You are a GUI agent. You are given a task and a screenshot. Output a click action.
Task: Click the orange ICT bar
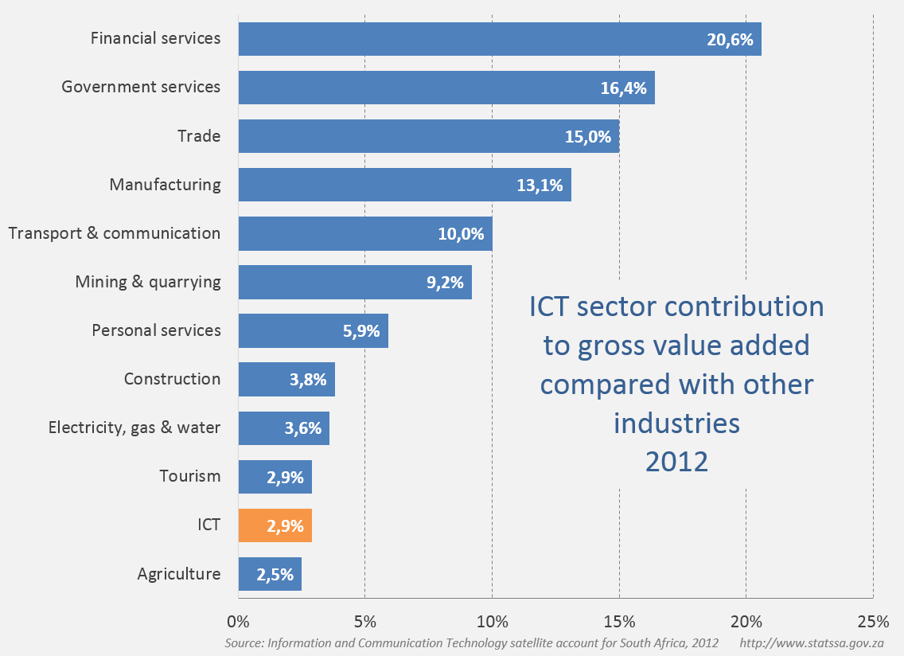(x=275, y=525)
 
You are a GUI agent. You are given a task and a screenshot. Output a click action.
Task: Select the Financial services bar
(x=499, y=39)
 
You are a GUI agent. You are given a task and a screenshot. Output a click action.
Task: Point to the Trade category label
(x=199, y=136)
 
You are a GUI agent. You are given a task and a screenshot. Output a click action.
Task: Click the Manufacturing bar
(x=404, y=185)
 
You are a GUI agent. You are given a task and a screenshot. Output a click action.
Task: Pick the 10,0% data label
(x=461, y=234)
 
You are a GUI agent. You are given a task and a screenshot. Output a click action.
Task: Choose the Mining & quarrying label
(x=148, y=282)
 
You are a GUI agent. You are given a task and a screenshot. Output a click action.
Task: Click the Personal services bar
(x=313, y=330)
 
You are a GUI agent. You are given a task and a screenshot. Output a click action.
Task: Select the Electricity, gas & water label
(x=134, y=428)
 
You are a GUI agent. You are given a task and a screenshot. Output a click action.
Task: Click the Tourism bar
(x=275, y=477)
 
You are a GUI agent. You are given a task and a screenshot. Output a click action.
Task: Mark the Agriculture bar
(x=270, y=574)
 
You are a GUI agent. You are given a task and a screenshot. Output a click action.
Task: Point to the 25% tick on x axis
(x=873, y=621)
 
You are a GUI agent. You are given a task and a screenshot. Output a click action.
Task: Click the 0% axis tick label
(x=238, y=621)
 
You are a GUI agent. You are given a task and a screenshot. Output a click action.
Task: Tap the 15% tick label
(x=619, y=621)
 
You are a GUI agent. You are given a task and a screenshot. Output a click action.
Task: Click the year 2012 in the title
(x=676, y=461)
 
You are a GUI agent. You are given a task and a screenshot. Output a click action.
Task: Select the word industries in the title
(x=676, y=423)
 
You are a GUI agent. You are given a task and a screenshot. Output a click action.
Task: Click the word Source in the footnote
(x=242, y=642)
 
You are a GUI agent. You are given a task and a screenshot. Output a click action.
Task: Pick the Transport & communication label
(x=114, y=233)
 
